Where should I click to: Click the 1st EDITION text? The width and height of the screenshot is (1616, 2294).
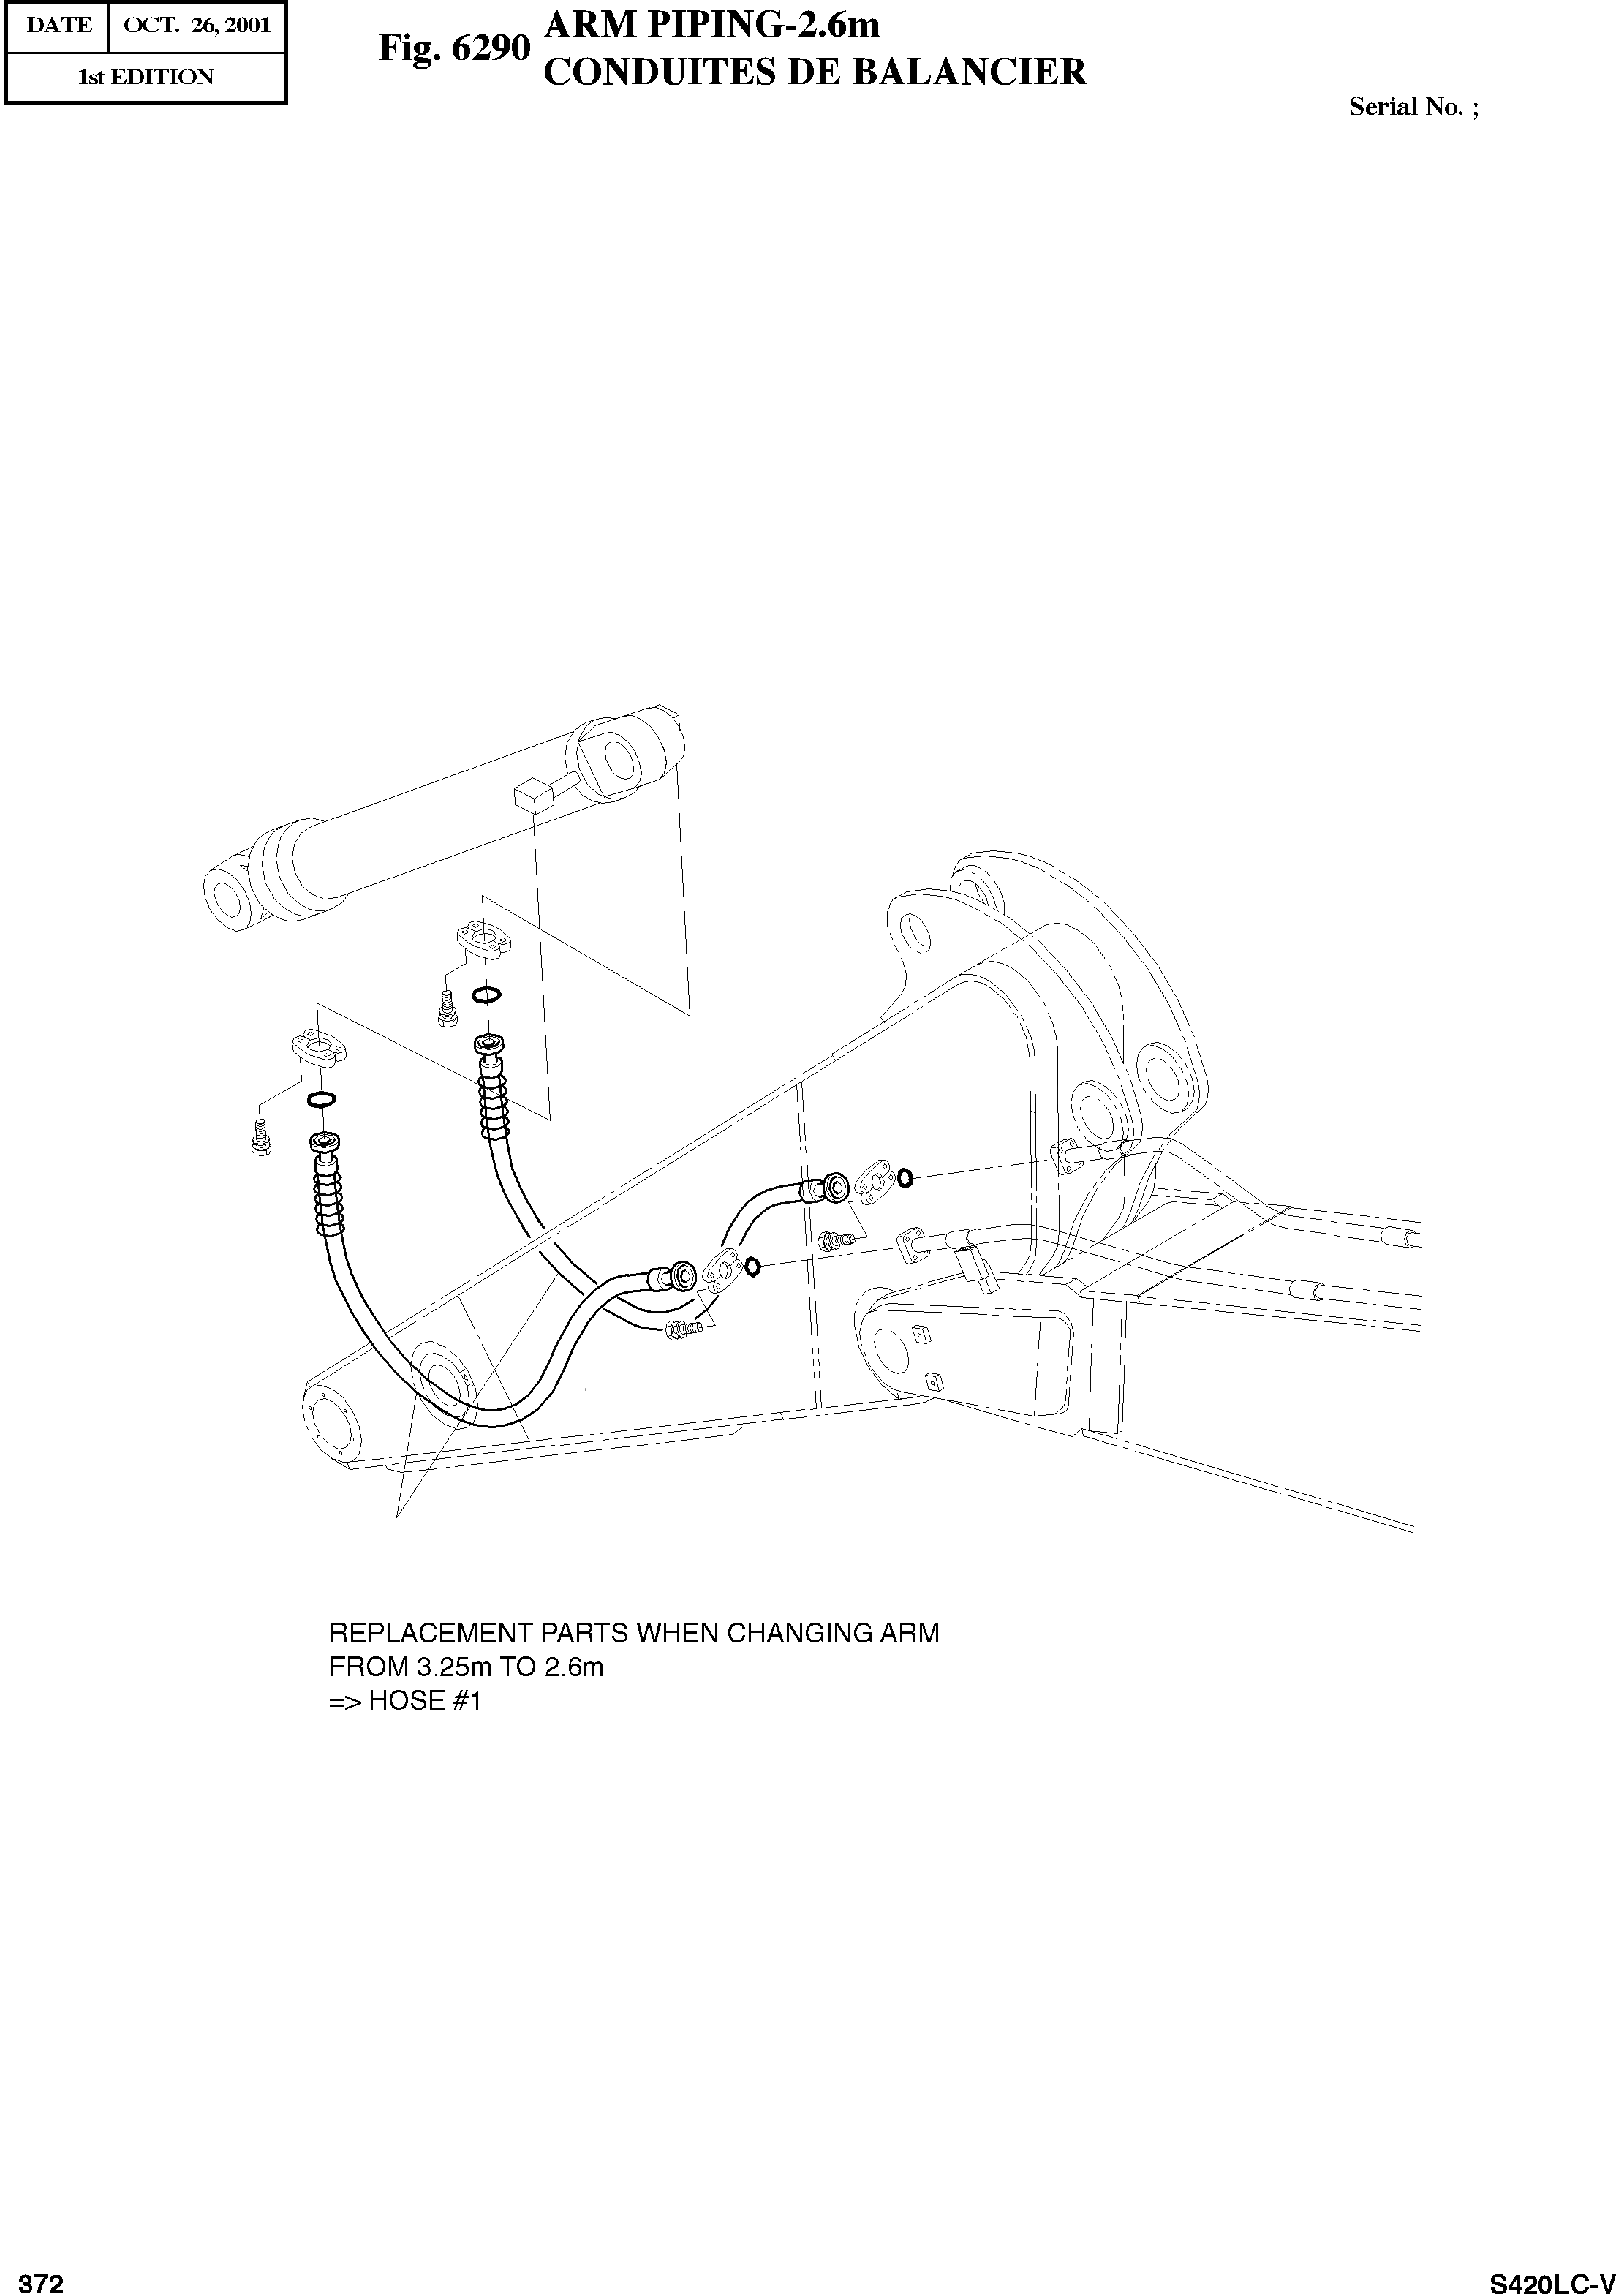click(146, 77)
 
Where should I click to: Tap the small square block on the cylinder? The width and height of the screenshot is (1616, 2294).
click(533, 797)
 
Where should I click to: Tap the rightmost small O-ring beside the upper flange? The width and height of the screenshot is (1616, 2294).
click(904, 1178)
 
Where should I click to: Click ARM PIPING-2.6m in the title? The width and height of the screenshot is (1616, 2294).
click(711, 25)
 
